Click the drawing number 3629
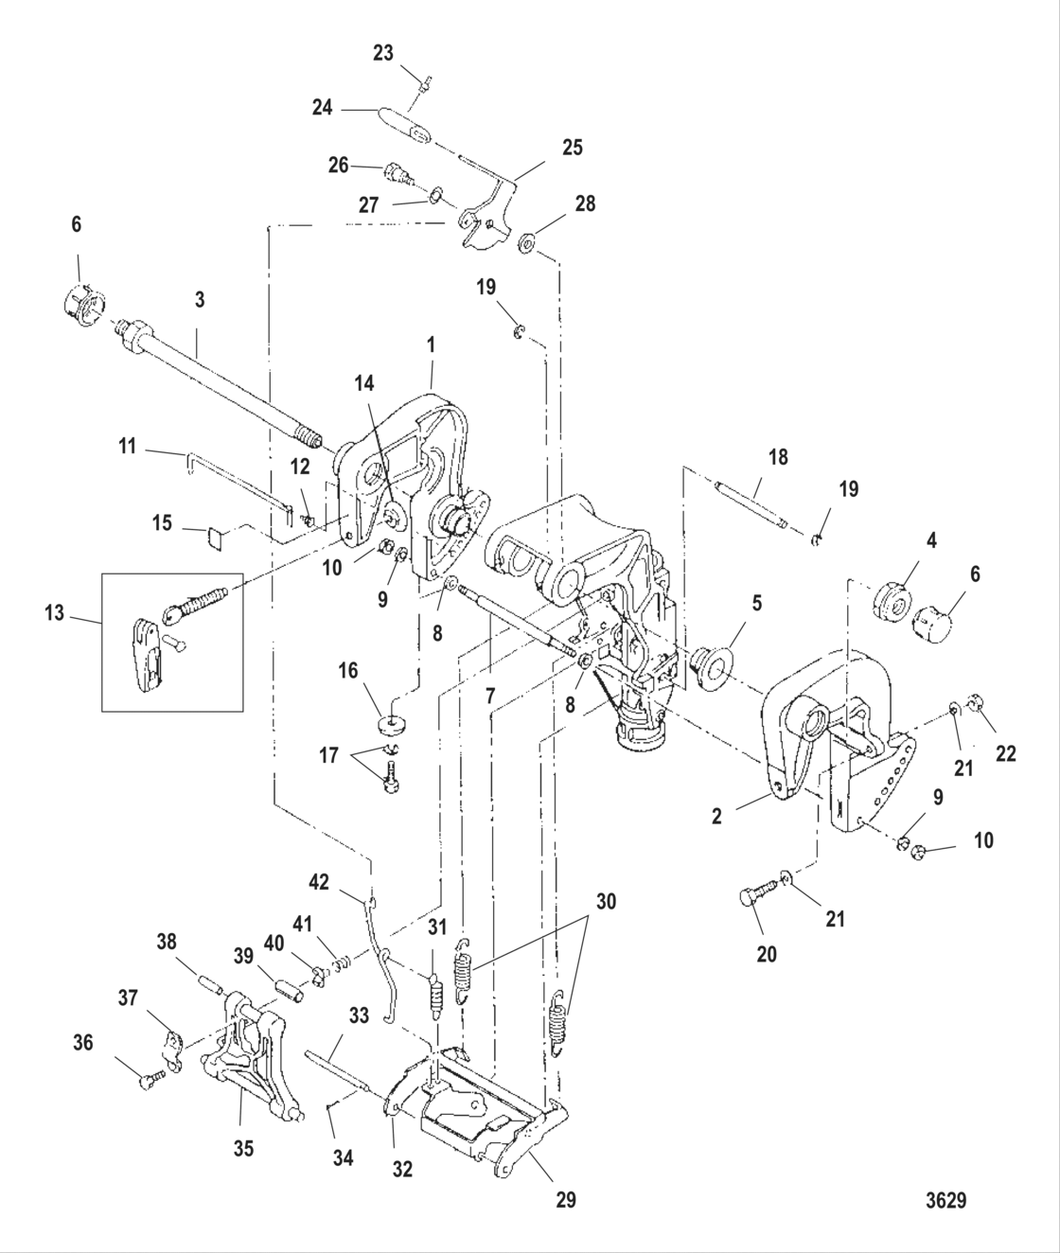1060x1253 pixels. point(945,1200)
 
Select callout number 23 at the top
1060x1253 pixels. point(382,53)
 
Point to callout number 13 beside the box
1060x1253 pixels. point(54,613)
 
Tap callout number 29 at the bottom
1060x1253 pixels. point(565,1200)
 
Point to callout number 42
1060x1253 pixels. point(319,882)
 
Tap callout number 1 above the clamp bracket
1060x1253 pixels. point(432,345)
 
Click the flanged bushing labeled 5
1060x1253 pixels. point(708,659)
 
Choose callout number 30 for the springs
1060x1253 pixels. point(605,902)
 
